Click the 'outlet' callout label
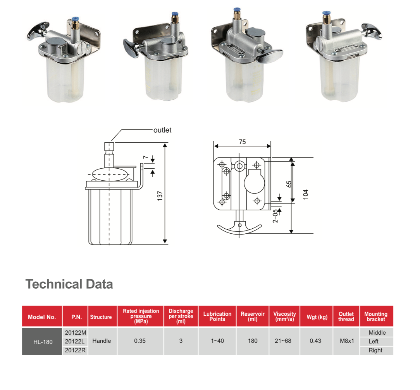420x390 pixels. [162, 130]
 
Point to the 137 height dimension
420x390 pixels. [160, 196]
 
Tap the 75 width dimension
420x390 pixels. [243, 142]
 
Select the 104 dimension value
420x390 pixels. [306, 195]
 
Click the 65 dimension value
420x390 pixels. [289, 184]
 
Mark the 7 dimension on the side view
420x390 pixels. [145, 157]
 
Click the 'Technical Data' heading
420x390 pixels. [69, 284]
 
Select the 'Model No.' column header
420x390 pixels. [42, 317]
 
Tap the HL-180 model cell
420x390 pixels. [43, 342]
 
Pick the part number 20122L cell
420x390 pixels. [75, 341]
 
